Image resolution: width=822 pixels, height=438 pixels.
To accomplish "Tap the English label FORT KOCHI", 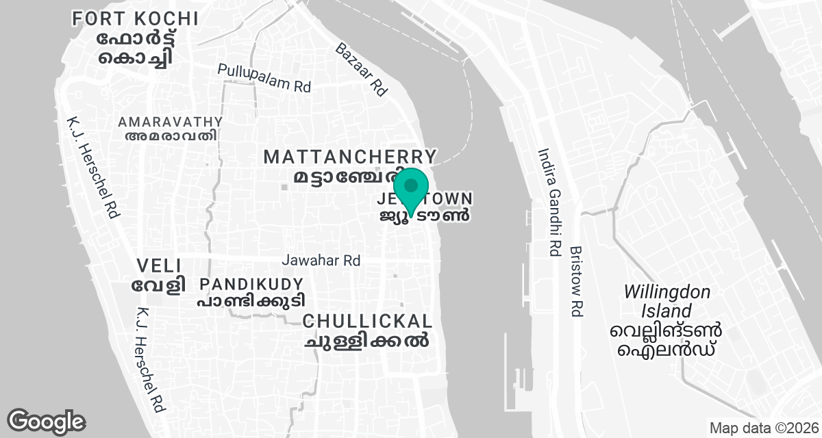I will tap(136, 18).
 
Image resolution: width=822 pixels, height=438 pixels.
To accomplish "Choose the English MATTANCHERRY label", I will tap(350, 157).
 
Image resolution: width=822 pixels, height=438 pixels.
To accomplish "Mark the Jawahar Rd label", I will tap(321, 261).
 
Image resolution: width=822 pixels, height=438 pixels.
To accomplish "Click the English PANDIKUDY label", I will tap(251, 283).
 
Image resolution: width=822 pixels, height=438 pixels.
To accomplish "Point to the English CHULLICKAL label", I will tap(367, 321).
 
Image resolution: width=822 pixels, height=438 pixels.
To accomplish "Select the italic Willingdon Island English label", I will tap(666, 302).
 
